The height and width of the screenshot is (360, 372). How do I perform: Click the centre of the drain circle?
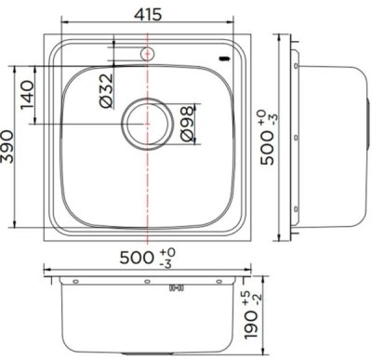point(146,121)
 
